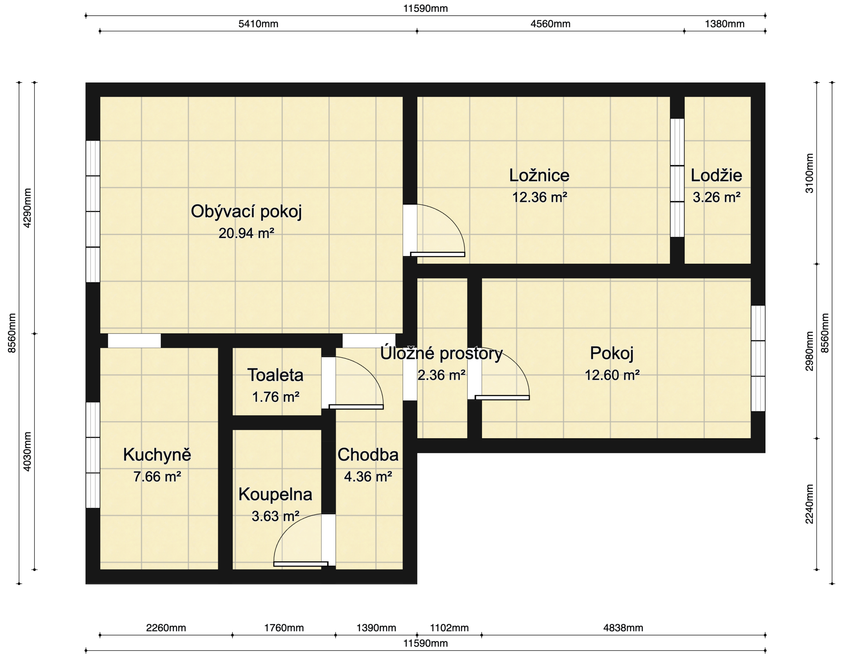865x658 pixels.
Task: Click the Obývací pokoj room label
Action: pos(246,211)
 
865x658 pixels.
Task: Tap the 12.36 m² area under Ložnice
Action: pos(539,197)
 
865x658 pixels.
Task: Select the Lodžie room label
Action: pos(716,176)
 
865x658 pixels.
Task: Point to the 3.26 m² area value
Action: pos(716,197)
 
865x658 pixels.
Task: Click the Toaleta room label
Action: pos(275,375)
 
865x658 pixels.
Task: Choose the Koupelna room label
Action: pos(275,494)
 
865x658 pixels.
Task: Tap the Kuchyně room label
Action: pos(157,455)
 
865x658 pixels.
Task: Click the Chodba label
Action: pos(368,455)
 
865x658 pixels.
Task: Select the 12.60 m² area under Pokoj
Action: pos(612,375)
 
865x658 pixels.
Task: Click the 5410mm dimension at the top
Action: pos(258,24)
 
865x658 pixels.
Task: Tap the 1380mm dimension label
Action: pos(724,24)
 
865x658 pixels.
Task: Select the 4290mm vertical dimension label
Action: pos(27,208)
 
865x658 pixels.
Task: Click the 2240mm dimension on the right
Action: pos(809,504)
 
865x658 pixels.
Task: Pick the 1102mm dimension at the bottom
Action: pos(449,628)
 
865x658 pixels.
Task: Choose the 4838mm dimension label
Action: pos(623,628)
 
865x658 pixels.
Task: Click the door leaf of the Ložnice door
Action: pos(437,254)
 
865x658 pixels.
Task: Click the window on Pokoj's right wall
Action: pos(758,359)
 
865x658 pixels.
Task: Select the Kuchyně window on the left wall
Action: pos(93,455)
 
